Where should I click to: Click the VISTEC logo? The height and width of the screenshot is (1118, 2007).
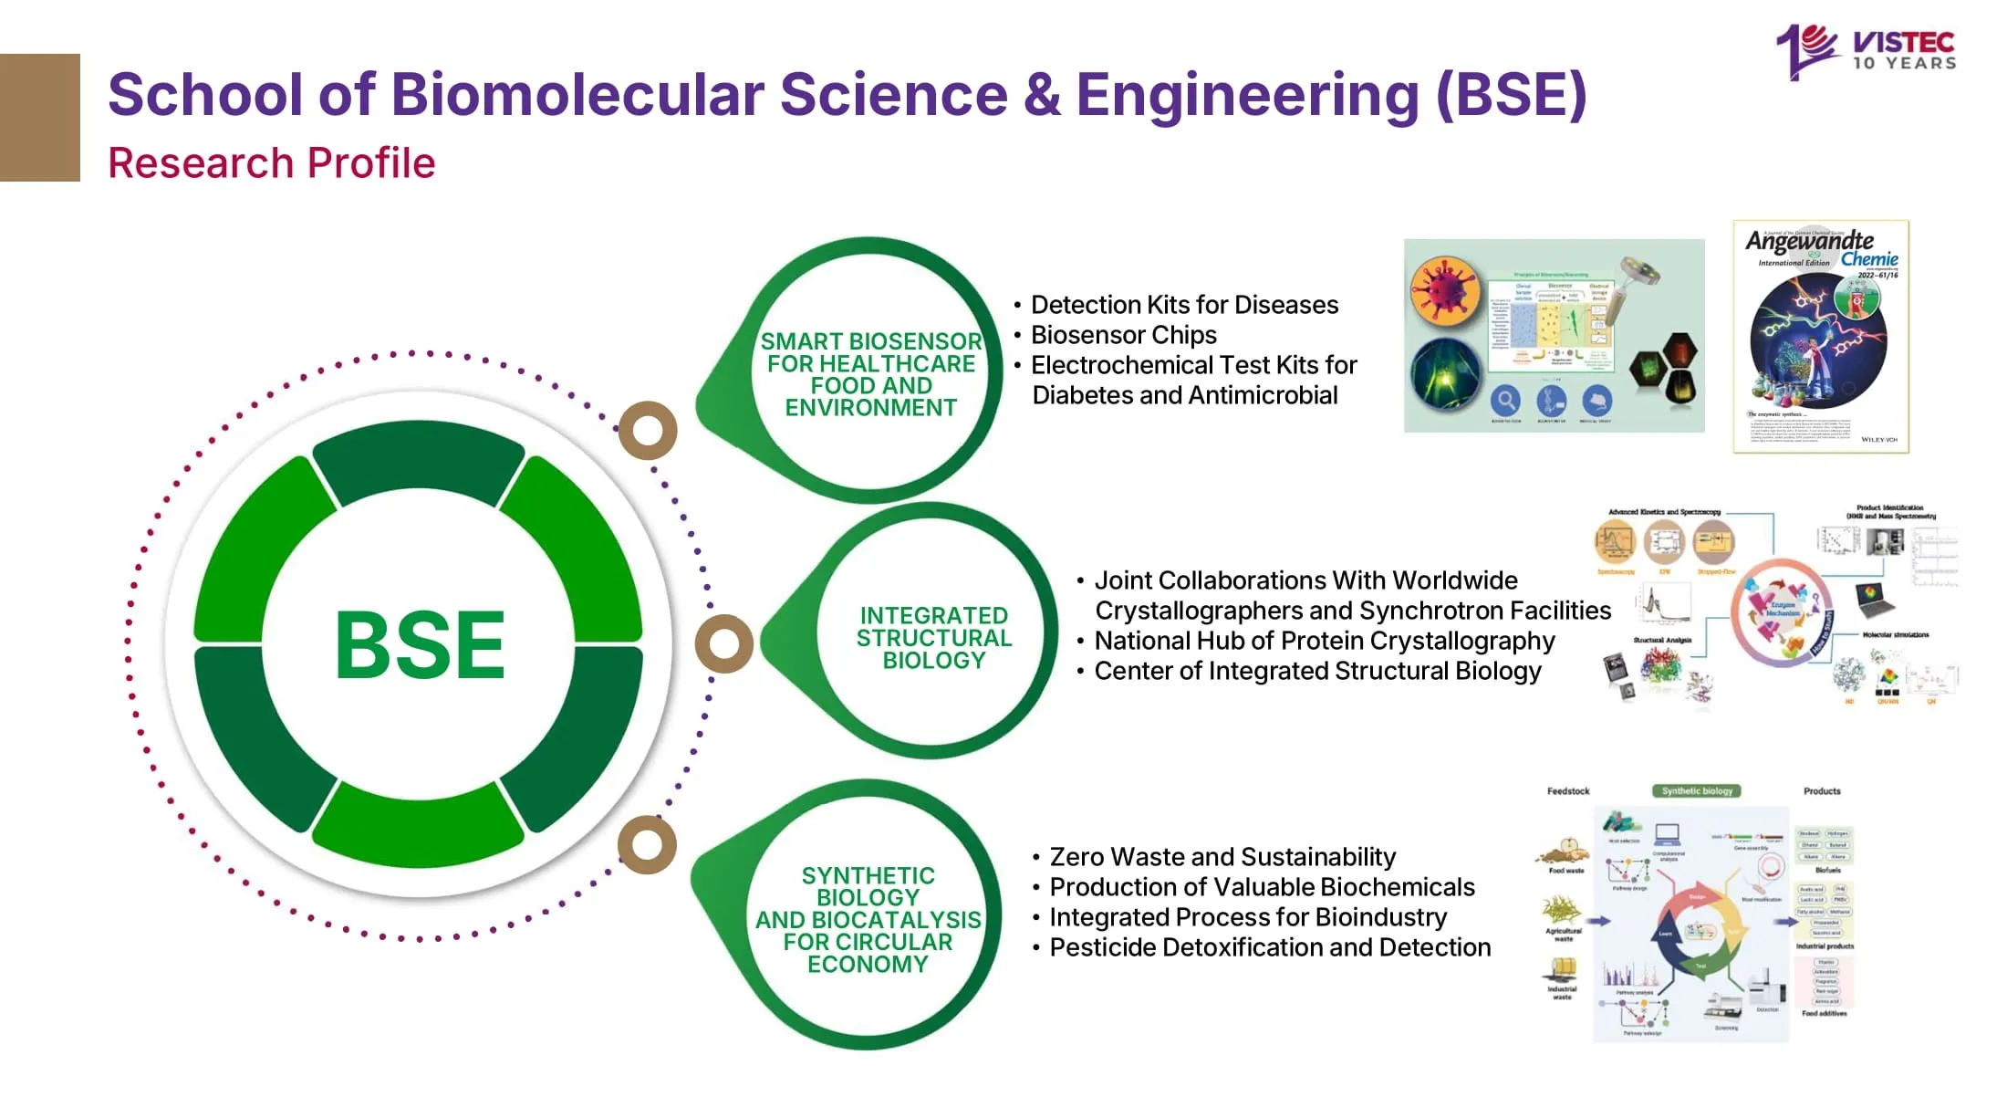pyautogui.click(x=1866, y=50)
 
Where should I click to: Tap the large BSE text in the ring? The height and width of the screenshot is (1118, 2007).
pyautogui.click(x=420, y=645)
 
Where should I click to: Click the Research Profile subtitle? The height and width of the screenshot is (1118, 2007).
pyautogui.click(x=272, y=163)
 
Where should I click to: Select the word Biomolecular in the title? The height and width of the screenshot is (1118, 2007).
pyautogui.click(x=577, y=95)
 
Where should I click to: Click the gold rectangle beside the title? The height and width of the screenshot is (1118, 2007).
pyautogui.click(x=40, y=118)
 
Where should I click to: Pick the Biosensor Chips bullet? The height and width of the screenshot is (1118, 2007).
pyautogui.click(x=1123, y=335)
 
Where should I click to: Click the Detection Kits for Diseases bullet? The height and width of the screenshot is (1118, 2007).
pyautogui.click(x=1184, y=305)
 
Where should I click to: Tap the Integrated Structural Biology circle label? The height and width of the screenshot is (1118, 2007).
pyautogui.click(x=933, y=638)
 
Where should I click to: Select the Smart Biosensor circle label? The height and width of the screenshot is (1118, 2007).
pyautogui.click(x=870, y=374)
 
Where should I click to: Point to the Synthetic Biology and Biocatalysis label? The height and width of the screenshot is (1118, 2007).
pyautogui.click(x=868, y=920)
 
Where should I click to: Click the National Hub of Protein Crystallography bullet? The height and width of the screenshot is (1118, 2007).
pyautogui.click(x=1324, y=641)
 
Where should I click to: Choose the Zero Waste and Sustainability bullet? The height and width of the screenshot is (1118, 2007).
pyautogui.click(x=1222, y=857)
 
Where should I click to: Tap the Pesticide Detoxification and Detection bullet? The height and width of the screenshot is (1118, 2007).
pyautogui.click(x=1269, y=947)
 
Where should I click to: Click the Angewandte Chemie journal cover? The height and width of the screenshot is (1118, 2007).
pyautogui.click(x=1820, y=336)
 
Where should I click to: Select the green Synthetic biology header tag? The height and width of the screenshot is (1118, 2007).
pyautogui.click(x=1696, y=791)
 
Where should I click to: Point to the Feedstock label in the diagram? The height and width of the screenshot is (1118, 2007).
pyautogui.click(x=1568, y=791)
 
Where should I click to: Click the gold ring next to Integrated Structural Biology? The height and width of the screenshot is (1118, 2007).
pyautogui.click(x=724, y=643)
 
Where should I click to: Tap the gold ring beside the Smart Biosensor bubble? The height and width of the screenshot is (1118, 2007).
pyautogui.click(x=648, y=430)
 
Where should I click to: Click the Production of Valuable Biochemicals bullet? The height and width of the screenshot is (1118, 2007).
pyautogui.click(x=1261, y=887)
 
